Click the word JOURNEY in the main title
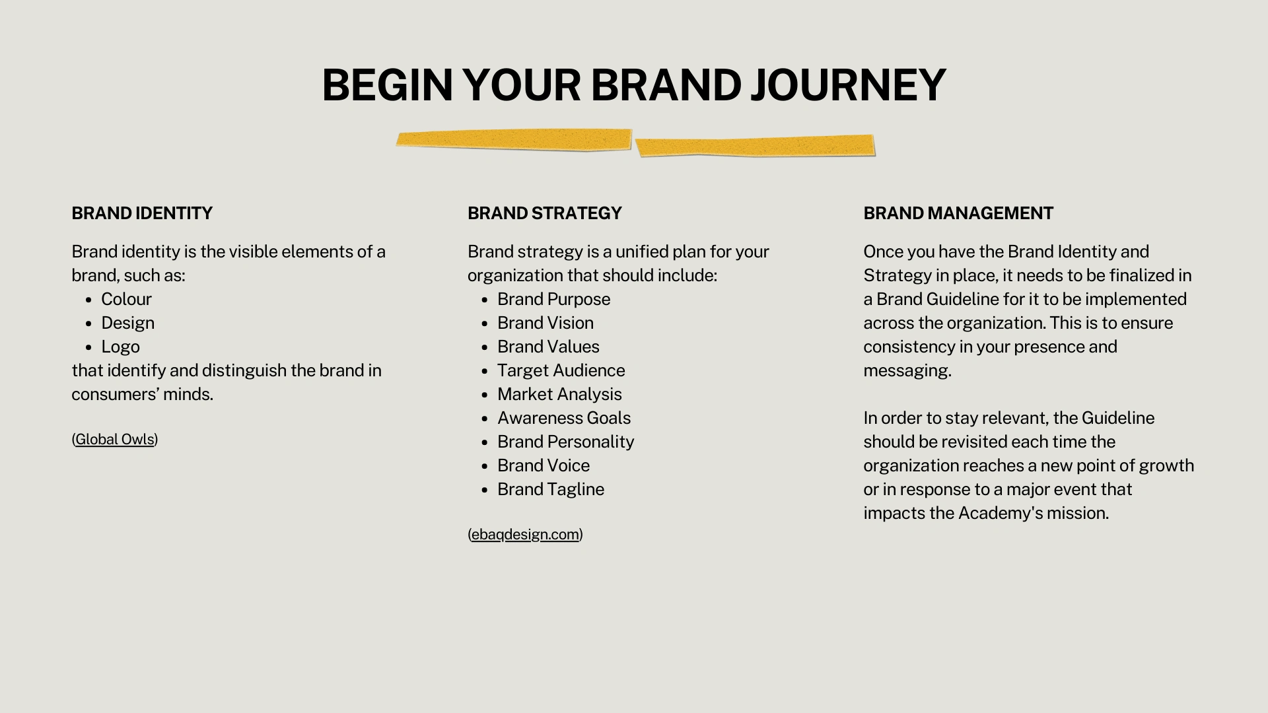(x=848, y=85)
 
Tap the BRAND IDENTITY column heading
(x=142, y=213)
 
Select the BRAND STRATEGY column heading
(x=545, y=213)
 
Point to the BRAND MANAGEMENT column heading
(x=958, y=213)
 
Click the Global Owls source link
(x=115, y=439)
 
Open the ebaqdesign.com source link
(x=525, y=534)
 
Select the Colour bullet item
(x=126, y=299)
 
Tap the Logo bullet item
(x=120, y=347)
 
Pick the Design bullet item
(x=127, y=323)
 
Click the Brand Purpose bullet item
(x=553, y=299)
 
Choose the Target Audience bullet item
(x=561, y=370)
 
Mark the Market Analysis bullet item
(x=559, y=394)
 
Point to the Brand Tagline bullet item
(x=551, y=489)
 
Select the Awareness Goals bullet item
(x=564, y=418)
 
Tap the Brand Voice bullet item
(x=544, y=465)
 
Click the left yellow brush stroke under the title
(x=514, y=140)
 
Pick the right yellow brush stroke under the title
(x=755, y=146)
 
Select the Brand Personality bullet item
(x=565, y=442)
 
